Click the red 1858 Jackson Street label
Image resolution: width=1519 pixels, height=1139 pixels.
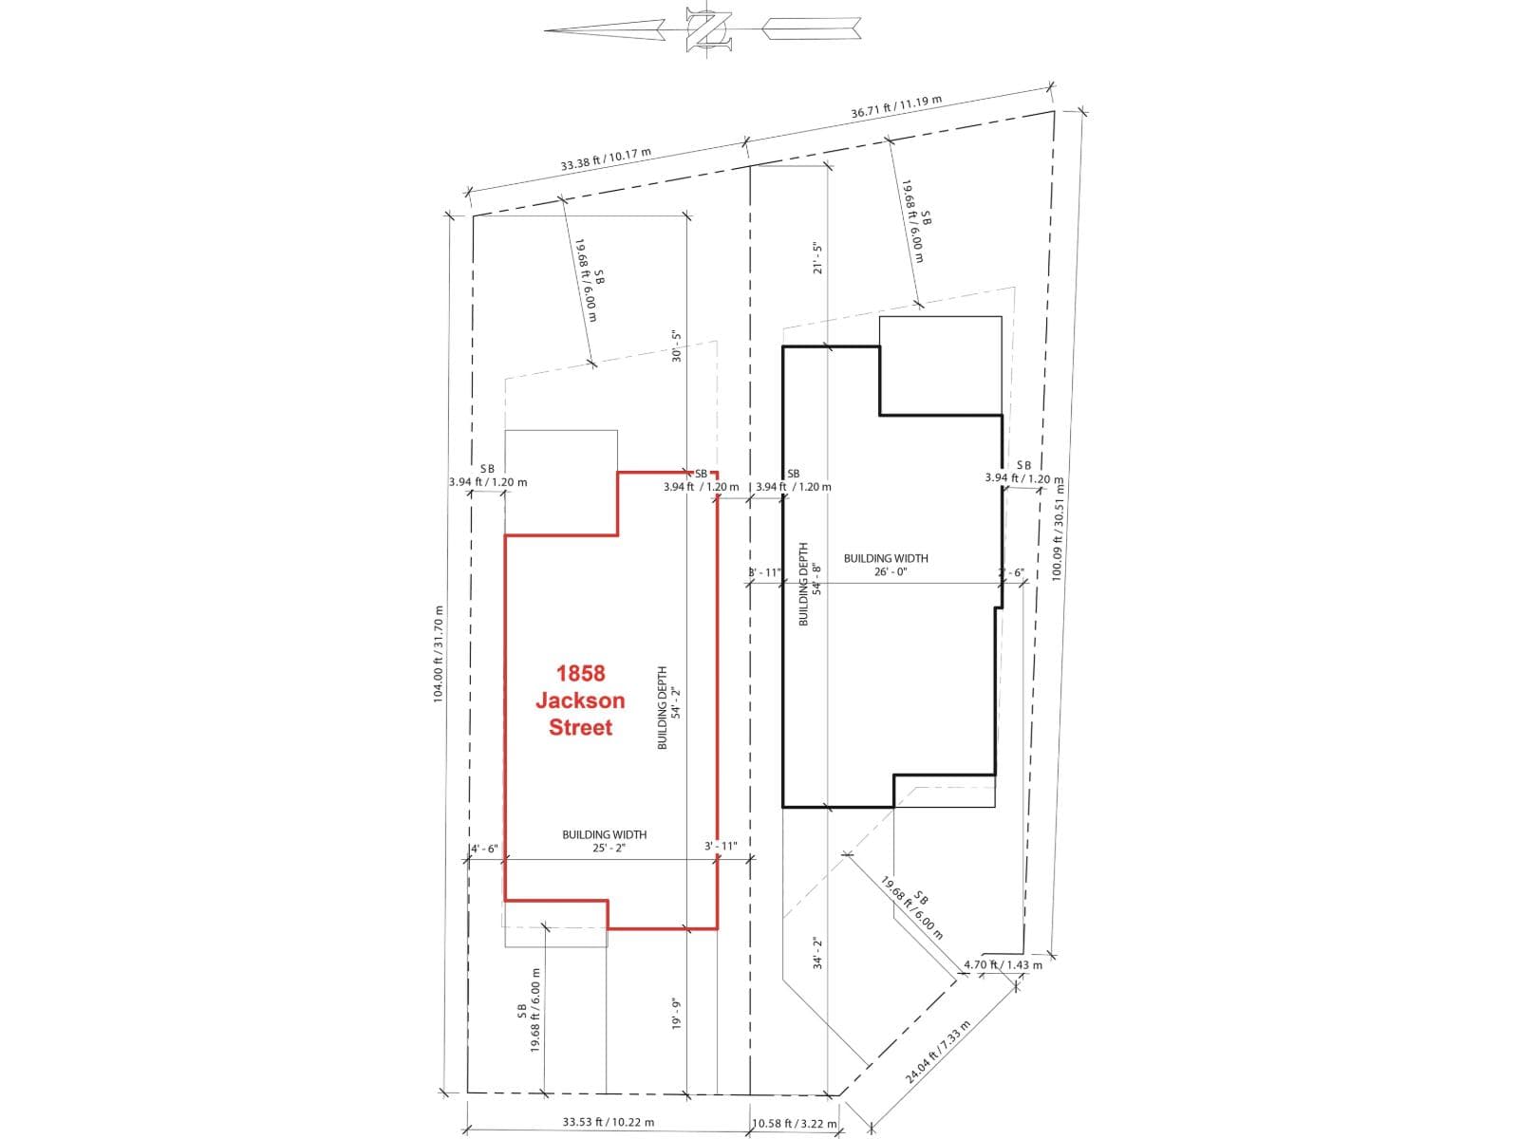tap(580, 700)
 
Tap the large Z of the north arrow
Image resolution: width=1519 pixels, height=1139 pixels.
tap(708, 29)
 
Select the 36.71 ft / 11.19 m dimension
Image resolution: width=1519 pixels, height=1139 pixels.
tap(896, 105)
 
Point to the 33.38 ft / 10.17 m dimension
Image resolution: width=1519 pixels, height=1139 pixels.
tap(606, 159)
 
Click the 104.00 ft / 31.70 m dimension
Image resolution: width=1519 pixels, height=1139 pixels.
tap(438, 654)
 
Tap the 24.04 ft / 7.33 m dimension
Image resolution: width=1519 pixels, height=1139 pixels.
tap(938, 1053)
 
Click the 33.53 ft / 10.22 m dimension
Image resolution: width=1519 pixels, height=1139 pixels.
tap(608, 1122)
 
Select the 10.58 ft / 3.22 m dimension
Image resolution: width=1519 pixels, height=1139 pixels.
tap(794, 1123)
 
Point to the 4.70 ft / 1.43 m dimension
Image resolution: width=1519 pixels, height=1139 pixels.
tap(1003, 964)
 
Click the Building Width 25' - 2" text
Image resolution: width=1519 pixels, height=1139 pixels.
tap(605, 841)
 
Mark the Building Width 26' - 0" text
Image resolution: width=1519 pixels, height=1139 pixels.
tap(886, 565)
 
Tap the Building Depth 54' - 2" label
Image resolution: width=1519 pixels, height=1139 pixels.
tap(668, 707)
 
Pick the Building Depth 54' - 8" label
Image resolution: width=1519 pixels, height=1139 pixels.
tap(810, 584)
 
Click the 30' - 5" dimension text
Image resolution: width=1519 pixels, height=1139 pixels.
tap(676, 346)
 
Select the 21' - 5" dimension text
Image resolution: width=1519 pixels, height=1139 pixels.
tap(817, 258)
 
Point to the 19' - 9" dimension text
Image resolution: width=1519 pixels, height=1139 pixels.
tap(677, 1013)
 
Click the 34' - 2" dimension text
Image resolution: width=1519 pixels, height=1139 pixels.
tap(817, 953)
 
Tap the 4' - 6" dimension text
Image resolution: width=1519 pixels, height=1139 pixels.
tap(484, 849)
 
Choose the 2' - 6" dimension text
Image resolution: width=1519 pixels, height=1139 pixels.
tap(1011, 572)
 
